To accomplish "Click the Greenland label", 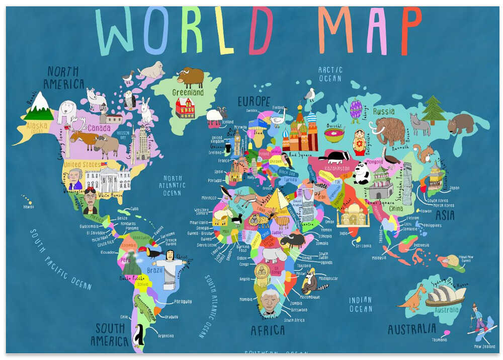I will [x=188, y=93].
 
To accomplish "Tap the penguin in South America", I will [x=138, y=334].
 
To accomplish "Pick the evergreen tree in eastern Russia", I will [x=433, y=110].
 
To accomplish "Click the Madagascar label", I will [x=327, y=278].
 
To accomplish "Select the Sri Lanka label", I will [x=363, y=246].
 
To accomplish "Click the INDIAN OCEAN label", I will [x=361, y=304].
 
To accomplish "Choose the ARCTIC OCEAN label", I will [x=330, y=74].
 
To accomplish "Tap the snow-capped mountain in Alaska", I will [x=39, y=106].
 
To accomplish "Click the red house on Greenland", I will [x=185, y=108].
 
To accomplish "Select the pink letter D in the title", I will [x=261, y=31].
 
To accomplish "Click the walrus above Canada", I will [x=151, y=69].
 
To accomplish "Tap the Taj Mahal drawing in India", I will [x=353, y=215].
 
